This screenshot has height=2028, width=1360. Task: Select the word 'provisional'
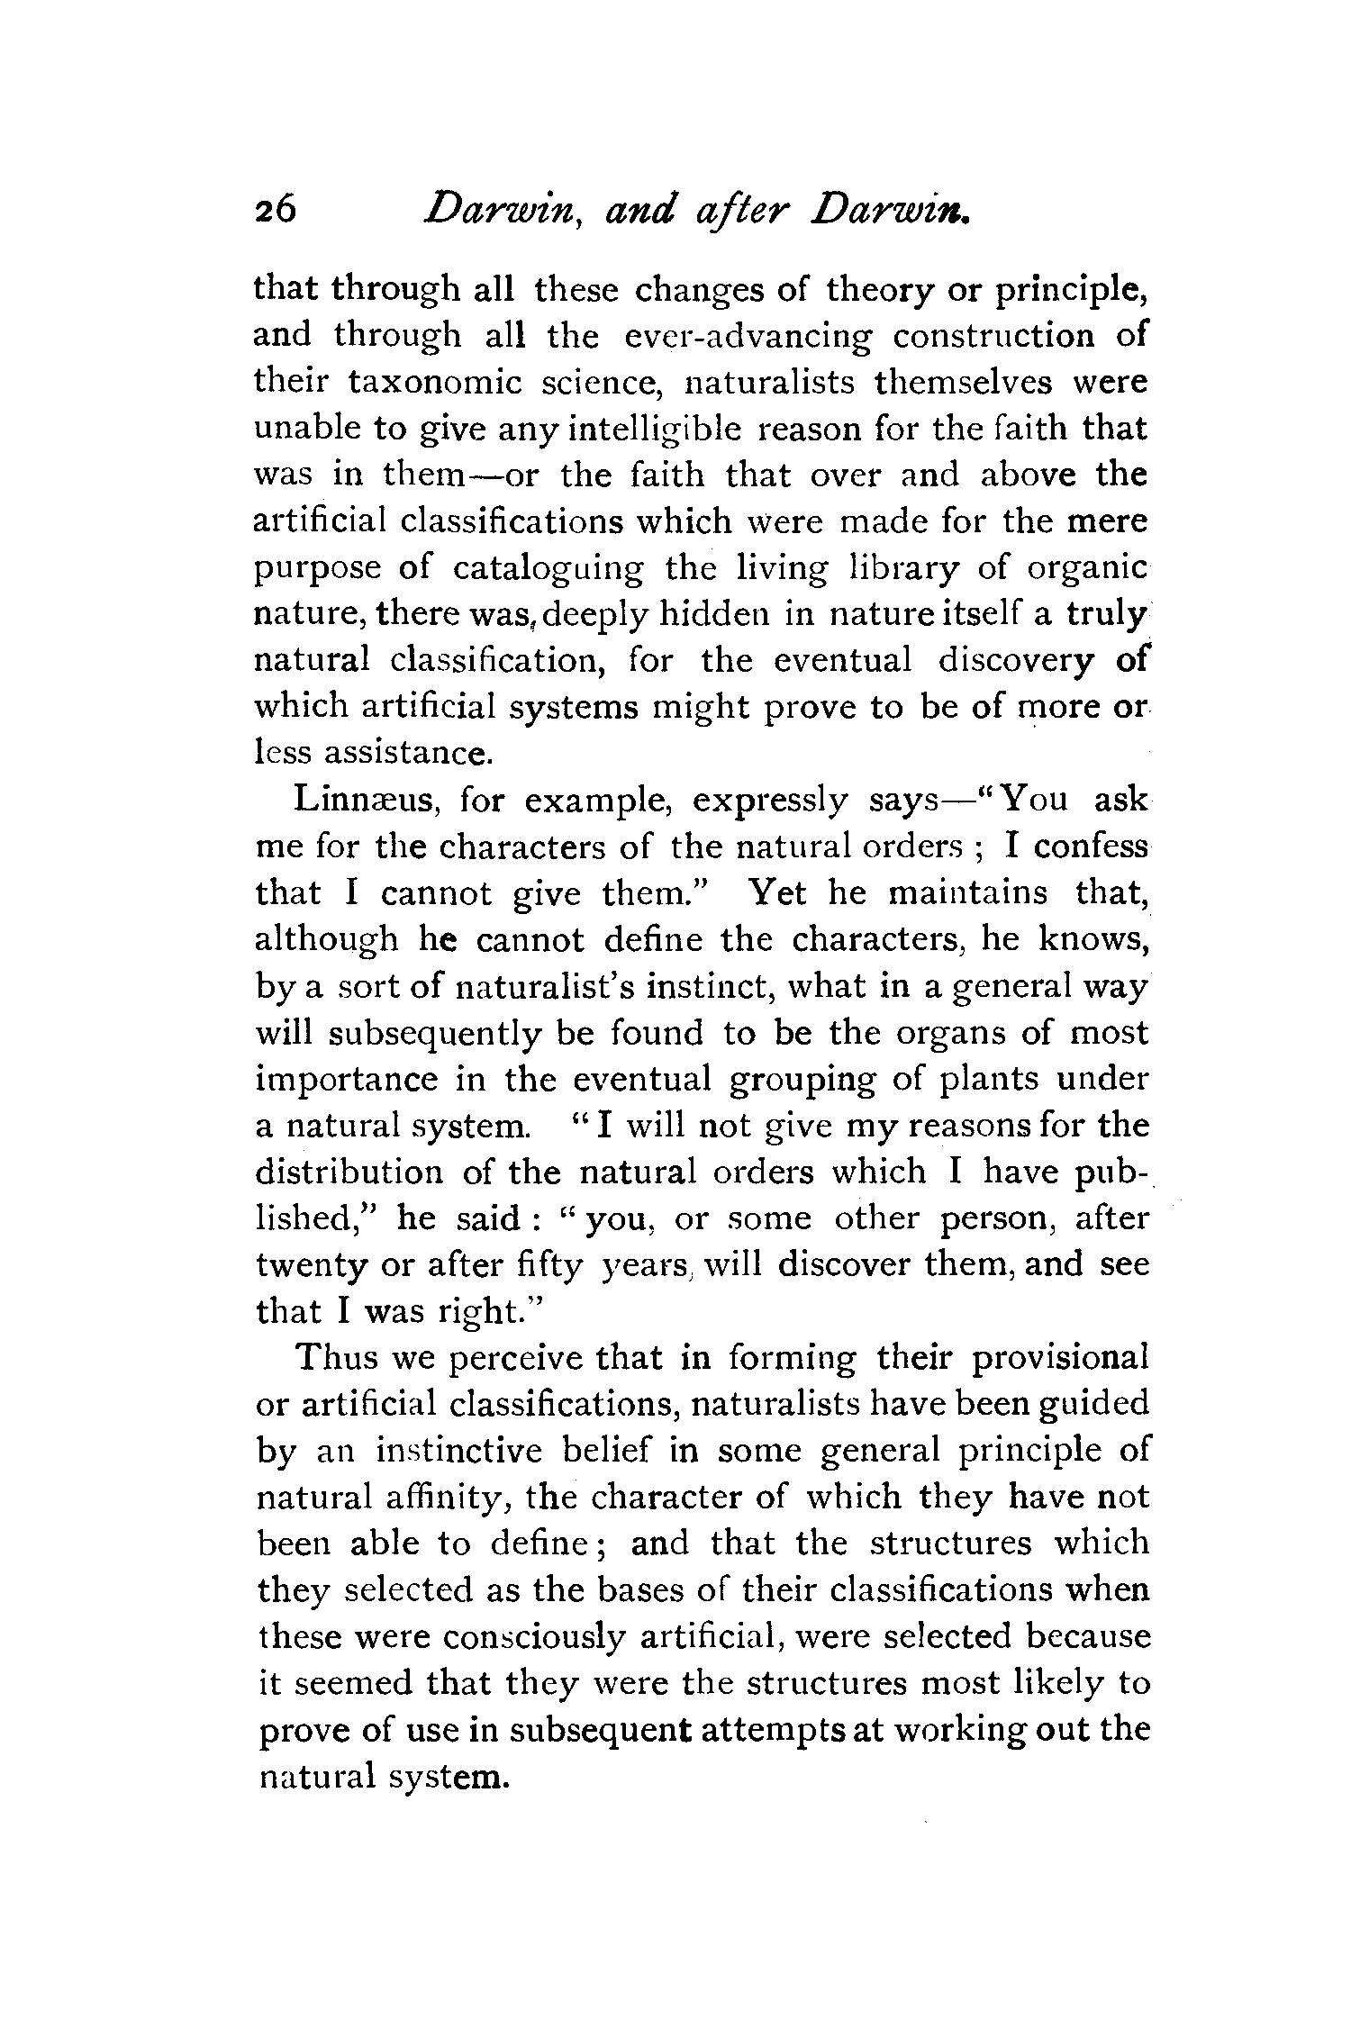pyautogui.click(x=1059, y=1359)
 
